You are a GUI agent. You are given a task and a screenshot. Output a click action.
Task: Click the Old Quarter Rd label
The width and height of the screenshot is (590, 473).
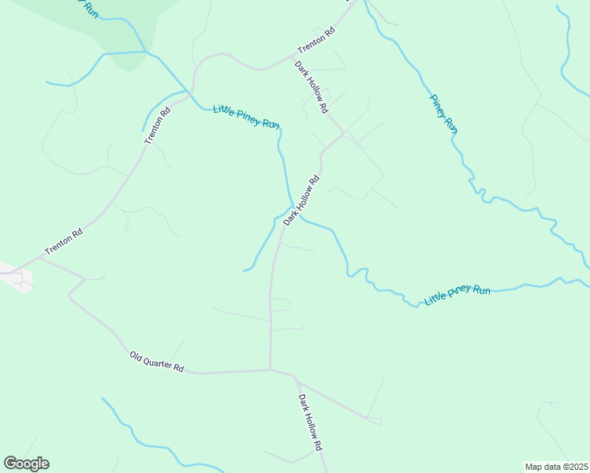point(157,363)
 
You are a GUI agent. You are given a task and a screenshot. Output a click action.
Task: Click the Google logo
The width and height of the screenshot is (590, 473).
point(26,464)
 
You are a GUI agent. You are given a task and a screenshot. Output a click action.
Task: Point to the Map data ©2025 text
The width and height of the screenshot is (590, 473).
point(557,466)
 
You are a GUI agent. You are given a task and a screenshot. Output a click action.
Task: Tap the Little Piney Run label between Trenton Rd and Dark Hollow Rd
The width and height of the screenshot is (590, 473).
point(246,116)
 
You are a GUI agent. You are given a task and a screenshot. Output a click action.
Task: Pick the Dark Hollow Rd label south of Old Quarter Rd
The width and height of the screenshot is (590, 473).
point(311,422)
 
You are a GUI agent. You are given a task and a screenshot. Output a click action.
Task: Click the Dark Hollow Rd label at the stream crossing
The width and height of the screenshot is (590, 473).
point(302,200)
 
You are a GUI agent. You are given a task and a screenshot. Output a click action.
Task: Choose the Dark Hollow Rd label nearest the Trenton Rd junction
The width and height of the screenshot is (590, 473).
point(312,88)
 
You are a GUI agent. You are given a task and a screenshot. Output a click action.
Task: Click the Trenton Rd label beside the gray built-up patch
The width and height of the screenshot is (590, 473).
point(64,242)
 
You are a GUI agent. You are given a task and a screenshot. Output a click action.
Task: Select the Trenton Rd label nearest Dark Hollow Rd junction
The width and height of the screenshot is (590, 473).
point(316,41)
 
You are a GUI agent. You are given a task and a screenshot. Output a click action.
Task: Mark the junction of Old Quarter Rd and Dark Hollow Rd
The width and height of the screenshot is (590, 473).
point(271,369)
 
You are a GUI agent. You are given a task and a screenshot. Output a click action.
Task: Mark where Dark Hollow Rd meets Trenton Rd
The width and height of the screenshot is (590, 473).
point(293,58)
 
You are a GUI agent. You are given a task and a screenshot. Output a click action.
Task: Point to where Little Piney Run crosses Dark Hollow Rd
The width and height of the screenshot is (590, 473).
point(293,211)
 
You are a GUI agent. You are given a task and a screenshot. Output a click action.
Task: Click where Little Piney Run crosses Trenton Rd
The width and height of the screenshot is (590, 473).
point(190,91)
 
